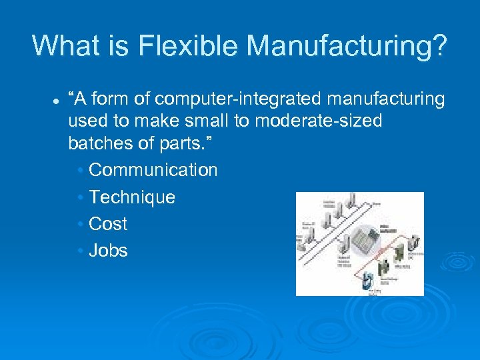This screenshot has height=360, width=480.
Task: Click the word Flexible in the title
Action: click(189, 45)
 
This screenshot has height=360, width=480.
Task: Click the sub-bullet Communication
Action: click(153, 170)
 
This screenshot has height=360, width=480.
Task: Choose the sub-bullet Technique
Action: click(132, 197)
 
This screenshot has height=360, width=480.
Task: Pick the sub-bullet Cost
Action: click(108, 224)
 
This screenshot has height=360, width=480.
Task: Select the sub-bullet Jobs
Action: click(108, 251)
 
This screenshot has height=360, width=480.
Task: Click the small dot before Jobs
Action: click(80, 251)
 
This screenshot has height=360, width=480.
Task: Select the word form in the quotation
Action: click(111, 99)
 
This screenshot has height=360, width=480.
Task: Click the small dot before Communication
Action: click(80, 171)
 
